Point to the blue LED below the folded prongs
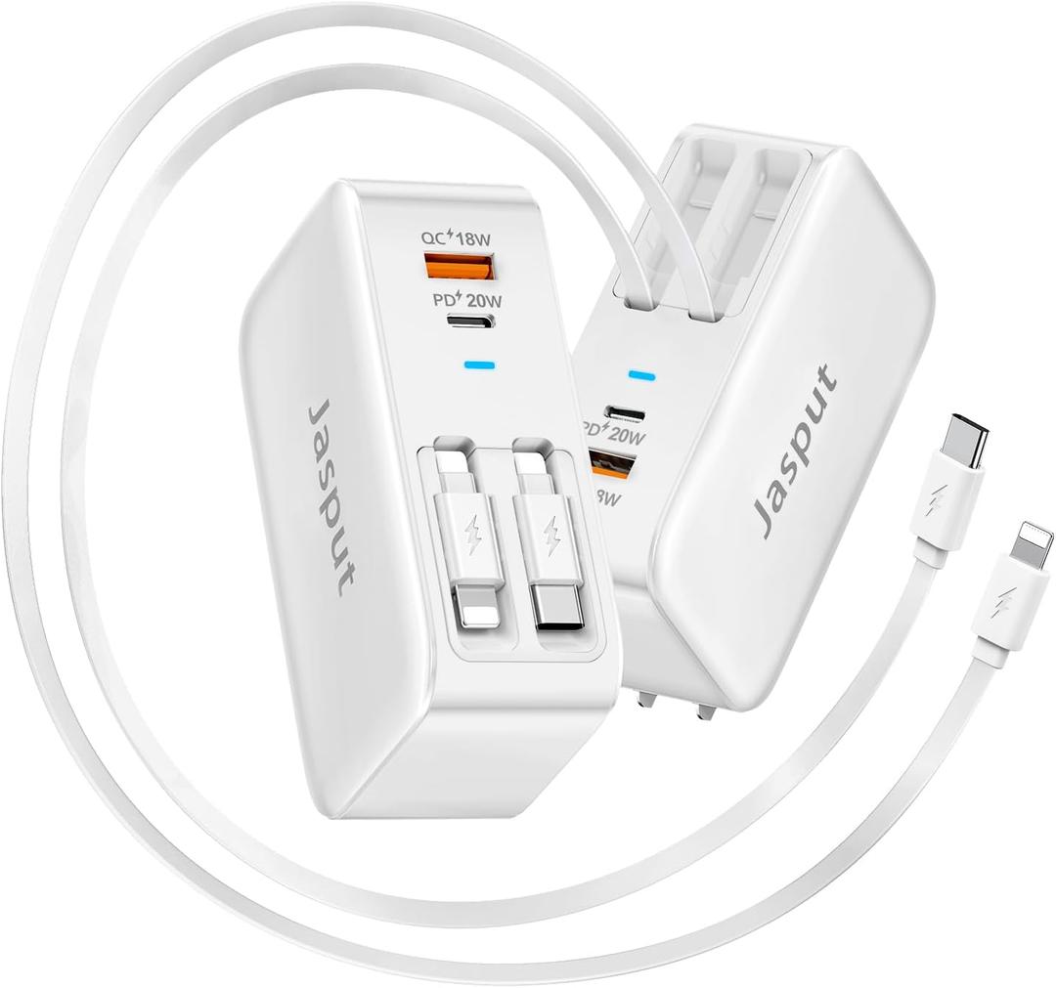tap(641, 374)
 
